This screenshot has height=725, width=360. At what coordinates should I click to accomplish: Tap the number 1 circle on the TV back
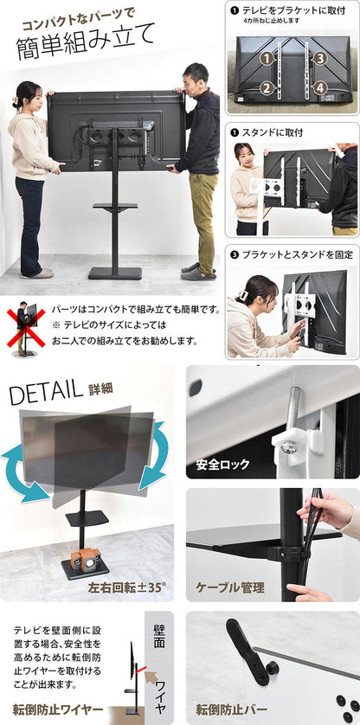coord(267,59)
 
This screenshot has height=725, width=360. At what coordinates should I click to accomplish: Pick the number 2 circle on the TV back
coord(267,87)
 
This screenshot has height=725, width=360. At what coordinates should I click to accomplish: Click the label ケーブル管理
coord(229,587)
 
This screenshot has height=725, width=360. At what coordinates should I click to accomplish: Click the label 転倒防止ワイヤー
coord(58,709)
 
